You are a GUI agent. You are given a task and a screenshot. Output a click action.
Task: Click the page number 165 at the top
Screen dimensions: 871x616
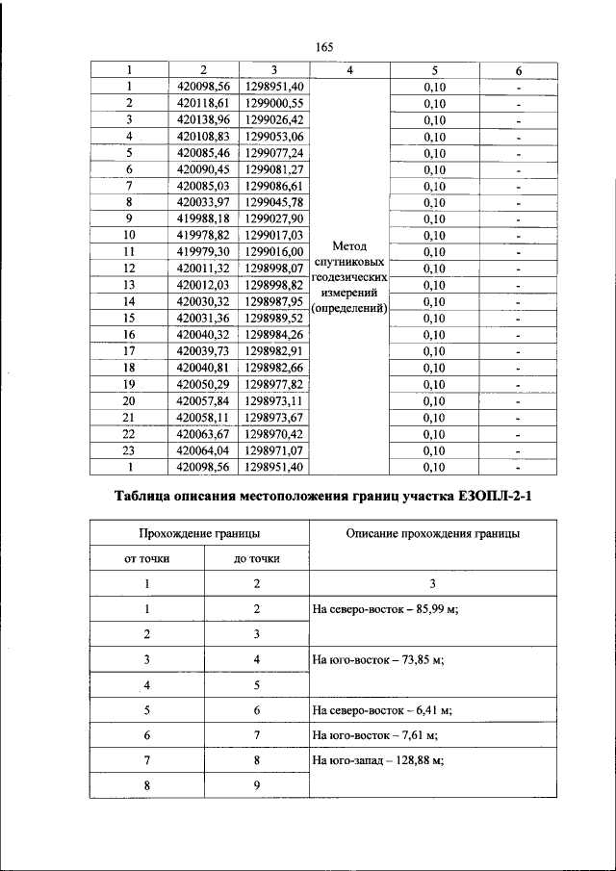[x=323, y=48]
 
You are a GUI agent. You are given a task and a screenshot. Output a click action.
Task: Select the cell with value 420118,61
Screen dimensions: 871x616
[x=203, y=103]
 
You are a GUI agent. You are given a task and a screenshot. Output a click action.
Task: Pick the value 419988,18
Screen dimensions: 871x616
[x=203, y=218]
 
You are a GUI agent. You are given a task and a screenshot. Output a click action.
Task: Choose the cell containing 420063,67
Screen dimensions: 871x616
[x=203, y=433]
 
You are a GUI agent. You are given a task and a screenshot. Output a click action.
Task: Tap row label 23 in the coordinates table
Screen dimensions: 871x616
[x=128, y=449]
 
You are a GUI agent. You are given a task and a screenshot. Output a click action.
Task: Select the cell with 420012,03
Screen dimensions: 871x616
[x=203, y=285]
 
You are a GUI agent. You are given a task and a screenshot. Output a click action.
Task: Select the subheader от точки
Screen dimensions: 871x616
[x=148, y=558]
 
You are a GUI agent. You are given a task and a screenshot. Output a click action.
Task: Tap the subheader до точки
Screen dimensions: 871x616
[x=257, y=558]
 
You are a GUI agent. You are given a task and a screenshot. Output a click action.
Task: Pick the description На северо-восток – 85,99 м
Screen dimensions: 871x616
[x=383, y=609]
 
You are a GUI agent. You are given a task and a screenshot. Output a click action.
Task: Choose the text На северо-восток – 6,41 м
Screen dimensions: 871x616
[x=381, y=711]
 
